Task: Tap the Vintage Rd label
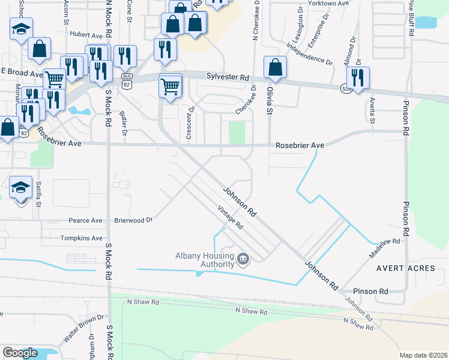click(x=230, y=218)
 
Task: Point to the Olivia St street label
click(x=270, y=100)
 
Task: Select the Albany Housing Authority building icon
click(x=243, y=259)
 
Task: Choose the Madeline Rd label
click(x=384, y=245)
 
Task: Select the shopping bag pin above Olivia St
click(x=275, y=68)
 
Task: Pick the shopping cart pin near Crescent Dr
click(x=170, y=86)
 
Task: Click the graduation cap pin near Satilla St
click(x=21, y=187)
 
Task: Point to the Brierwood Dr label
click(x=134, y=220)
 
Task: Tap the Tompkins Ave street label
click(x=82, y=238)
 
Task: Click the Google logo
click(x=20, y=353)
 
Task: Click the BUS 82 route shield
click(x=127, y=80)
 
